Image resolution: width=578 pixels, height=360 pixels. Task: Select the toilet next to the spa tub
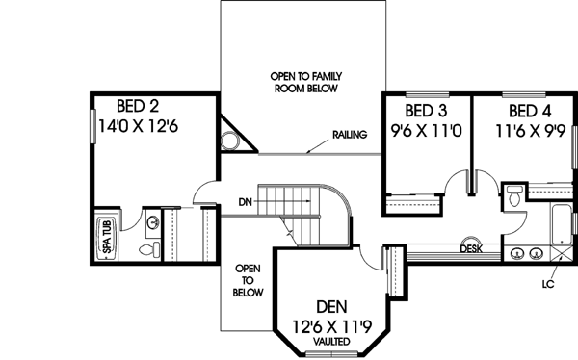146,248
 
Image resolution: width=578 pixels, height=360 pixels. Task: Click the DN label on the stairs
246,202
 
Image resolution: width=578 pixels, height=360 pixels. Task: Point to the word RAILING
348,135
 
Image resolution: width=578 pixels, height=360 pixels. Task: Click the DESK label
471,248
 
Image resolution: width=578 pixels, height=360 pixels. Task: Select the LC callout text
546,284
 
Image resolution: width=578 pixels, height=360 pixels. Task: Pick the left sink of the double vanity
517,254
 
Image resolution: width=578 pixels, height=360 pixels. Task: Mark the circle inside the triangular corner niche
230,141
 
